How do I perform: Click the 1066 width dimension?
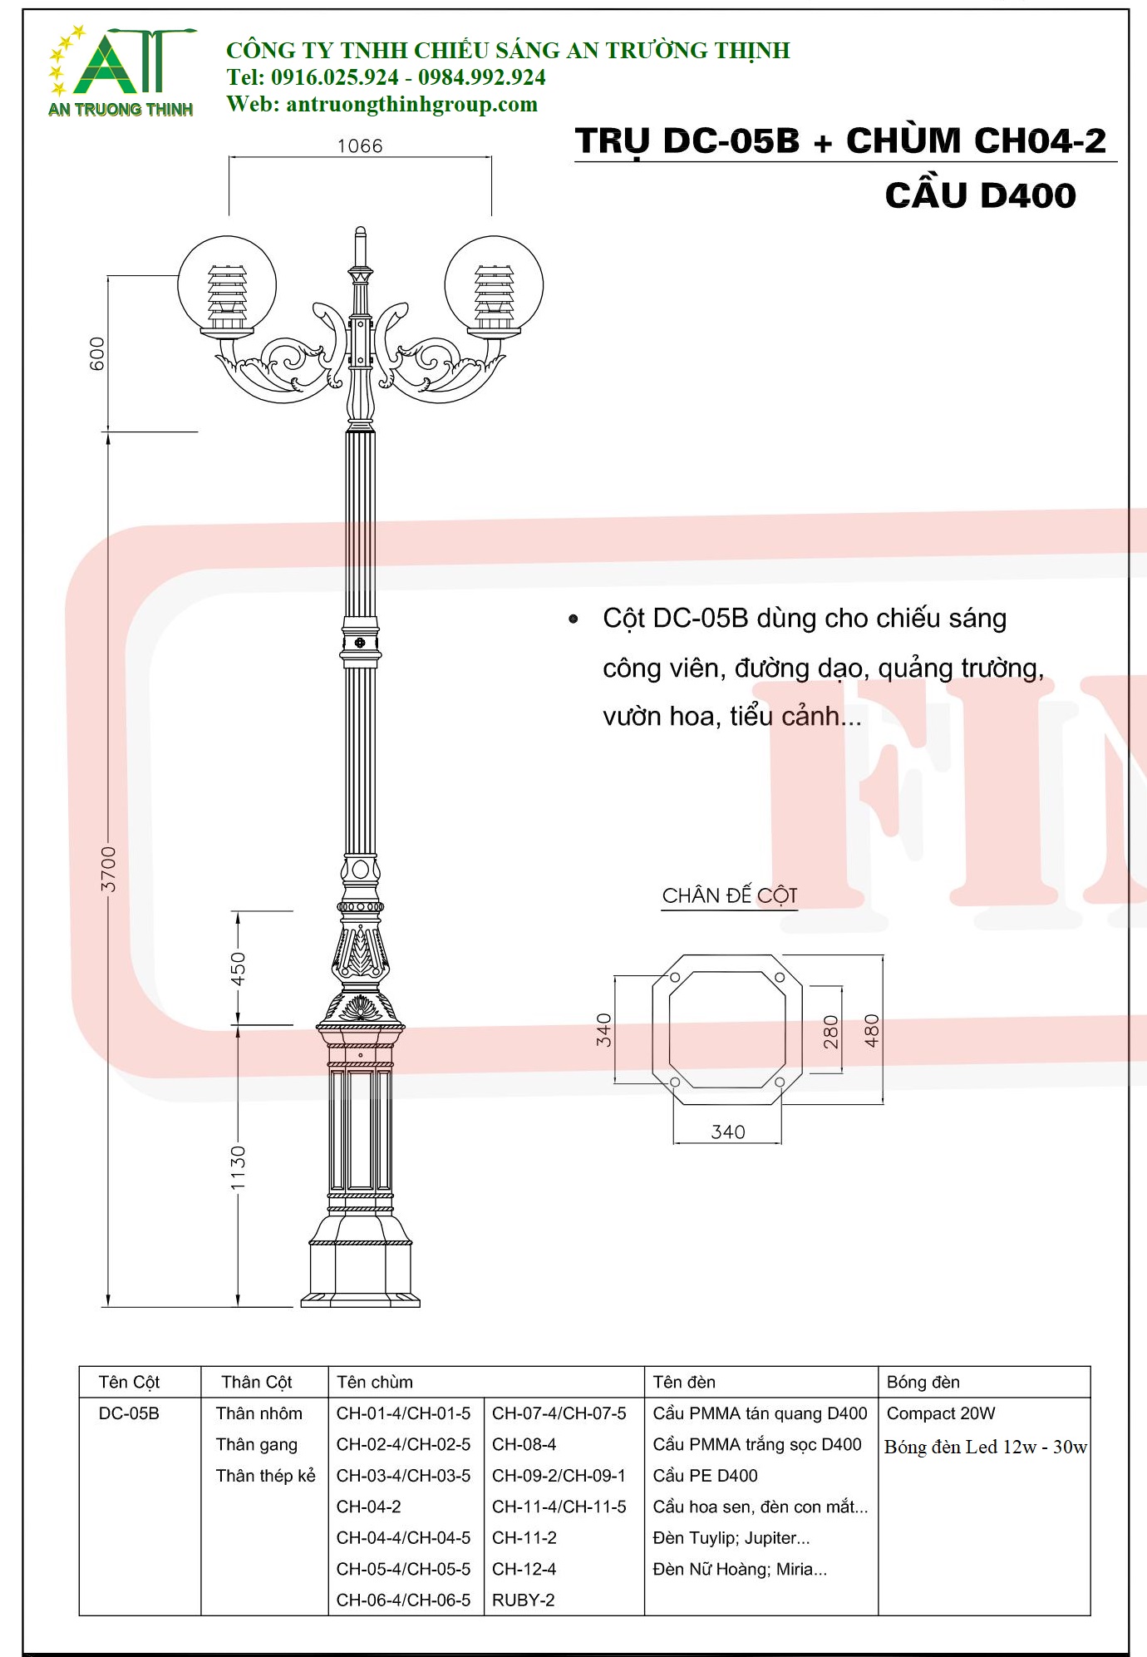(360, 146)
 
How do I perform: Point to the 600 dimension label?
(97, 353)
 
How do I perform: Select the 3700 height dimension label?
(109, 870)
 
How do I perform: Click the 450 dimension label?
(239, 969)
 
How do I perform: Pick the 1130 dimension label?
(239, 1167)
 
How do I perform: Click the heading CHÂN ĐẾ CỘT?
(730, 896)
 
